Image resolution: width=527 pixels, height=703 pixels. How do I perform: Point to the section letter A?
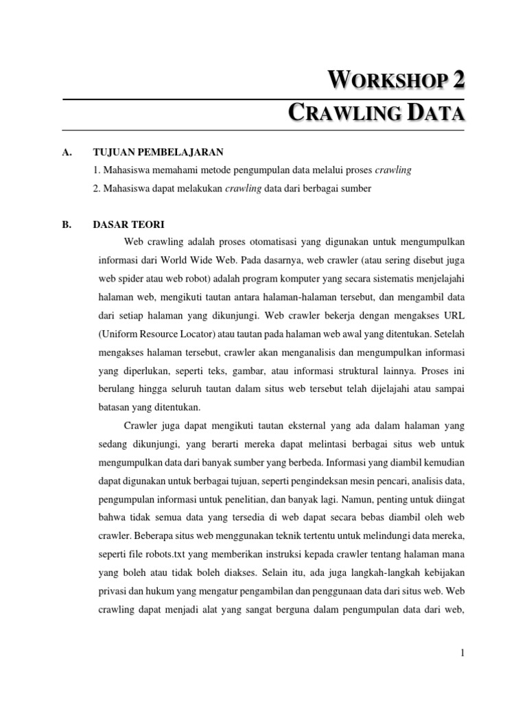tap(67, 152)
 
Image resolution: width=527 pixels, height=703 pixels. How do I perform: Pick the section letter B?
tap(67, 224)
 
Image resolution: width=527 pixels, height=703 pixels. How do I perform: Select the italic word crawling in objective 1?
tap(393, 170)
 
